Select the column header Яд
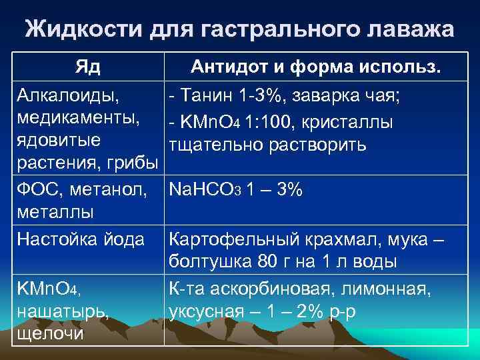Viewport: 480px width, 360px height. coord(88,67)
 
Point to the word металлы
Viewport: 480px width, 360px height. coord(55,213)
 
